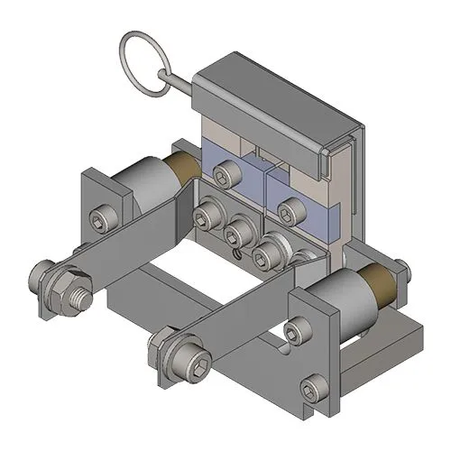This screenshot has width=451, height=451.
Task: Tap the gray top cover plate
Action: point(271,90)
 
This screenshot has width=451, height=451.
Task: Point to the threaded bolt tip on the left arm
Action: point(82,294)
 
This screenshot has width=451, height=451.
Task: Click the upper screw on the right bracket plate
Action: point(297,332)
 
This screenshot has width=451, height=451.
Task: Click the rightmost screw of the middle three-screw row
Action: point(266,256)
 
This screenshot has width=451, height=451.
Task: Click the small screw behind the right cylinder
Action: point(400,268)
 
